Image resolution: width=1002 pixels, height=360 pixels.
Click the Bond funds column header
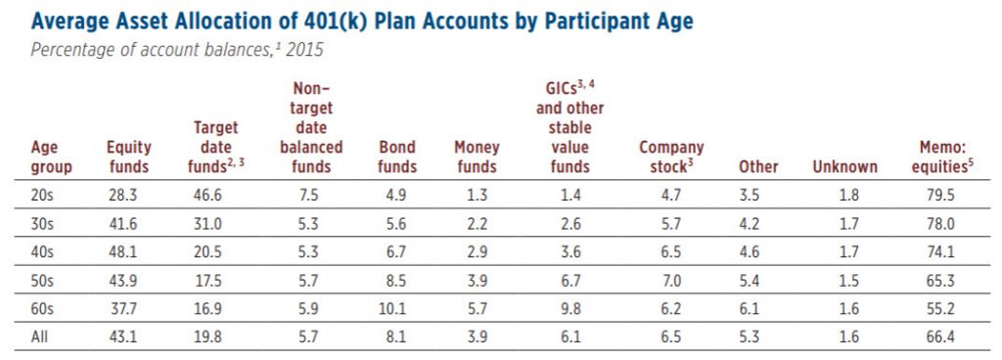[397, 157]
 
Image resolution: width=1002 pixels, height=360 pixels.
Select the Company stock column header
[670, 157]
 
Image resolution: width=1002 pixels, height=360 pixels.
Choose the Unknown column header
[844, 166]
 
